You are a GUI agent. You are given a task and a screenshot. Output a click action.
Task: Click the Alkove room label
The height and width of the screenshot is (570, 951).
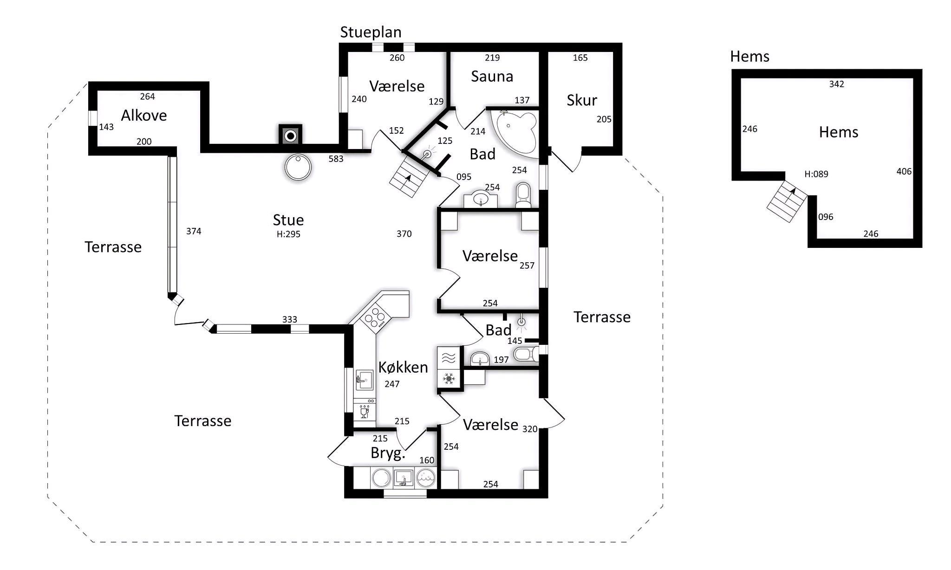coord(144,115)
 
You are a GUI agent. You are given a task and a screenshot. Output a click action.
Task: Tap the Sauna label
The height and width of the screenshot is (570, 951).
coord(492,77)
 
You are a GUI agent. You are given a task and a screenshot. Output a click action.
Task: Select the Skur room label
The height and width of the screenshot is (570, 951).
coord(582,100)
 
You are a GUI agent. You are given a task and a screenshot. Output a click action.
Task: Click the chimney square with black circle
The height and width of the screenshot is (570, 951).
coord(290,136)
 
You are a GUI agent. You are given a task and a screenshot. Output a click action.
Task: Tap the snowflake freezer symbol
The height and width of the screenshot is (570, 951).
coord(449,379)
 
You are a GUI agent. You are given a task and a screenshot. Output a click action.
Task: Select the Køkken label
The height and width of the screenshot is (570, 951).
coord(403,367)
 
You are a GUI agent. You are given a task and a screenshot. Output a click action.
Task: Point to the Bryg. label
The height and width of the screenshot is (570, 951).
coord(388,453)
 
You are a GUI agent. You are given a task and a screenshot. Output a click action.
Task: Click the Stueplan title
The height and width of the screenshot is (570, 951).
coord(371,32)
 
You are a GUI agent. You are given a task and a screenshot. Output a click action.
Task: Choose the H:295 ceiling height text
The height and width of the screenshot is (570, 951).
coord(288,234)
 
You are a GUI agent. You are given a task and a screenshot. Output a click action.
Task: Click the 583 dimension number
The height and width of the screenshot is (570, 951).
coord(336,159)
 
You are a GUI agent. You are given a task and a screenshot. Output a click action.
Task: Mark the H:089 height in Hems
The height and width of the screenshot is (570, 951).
coord(816,174)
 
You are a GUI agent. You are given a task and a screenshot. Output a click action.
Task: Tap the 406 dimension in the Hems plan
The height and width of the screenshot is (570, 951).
coord(904,171)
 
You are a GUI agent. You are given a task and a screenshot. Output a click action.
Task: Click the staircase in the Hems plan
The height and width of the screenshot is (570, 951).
coord(788,201)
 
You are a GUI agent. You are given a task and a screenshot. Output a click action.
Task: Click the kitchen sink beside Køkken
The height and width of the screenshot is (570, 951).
coord(365,380)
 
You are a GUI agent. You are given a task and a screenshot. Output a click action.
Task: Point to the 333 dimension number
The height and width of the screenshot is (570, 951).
coord(290,319)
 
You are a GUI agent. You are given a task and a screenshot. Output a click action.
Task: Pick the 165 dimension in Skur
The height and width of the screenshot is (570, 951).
coord(580,58)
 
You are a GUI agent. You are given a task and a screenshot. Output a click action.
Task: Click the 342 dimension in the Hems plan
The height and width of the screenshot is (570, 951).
coord(837,84)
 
